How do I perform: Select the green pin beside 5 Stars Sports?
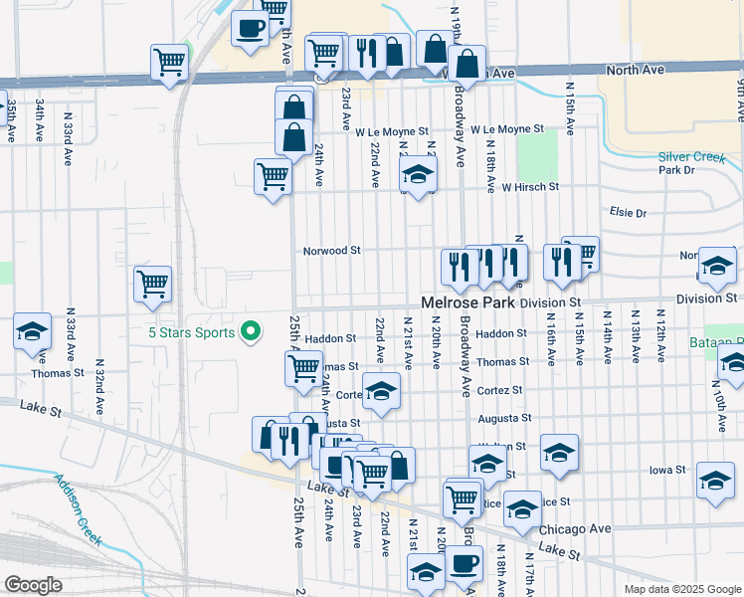(251, 331)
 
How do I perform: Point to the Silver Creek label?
(692, 157)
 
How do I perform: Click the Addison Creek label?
(79, 507)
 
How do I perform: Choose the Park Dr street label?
(676, 170)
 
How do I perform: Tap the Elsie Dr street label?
(629, 213)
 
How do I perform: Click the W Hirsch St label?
(530, 186)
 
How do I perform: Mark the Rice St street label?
(553, 502)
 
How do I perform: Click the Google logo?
(33, 585)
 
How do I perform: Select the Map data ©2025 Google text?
(681, 589)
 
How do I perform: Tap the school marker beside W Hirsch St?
(419, 176)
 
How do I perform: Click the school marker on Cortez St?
(380, 392)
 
